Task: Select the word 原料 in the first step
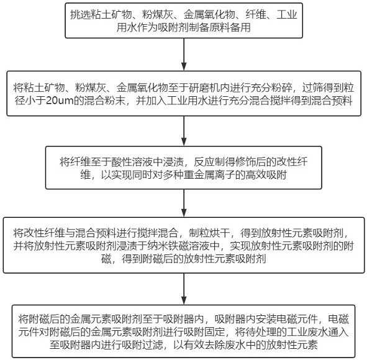click(219, 27)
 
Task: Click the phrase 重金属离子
click(209, 175)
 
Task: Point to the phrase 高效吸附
click(266, 175)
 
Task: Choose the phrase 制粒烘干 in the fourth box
click(209, 233)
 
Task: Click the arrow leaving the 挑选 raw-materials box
click(184, 54)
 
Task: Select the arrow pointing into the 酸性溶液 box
click(184, 131)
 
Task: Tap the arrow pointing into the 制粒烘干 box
click(184, 203)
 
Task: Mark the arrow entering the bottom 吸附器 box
click(184, 289)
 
